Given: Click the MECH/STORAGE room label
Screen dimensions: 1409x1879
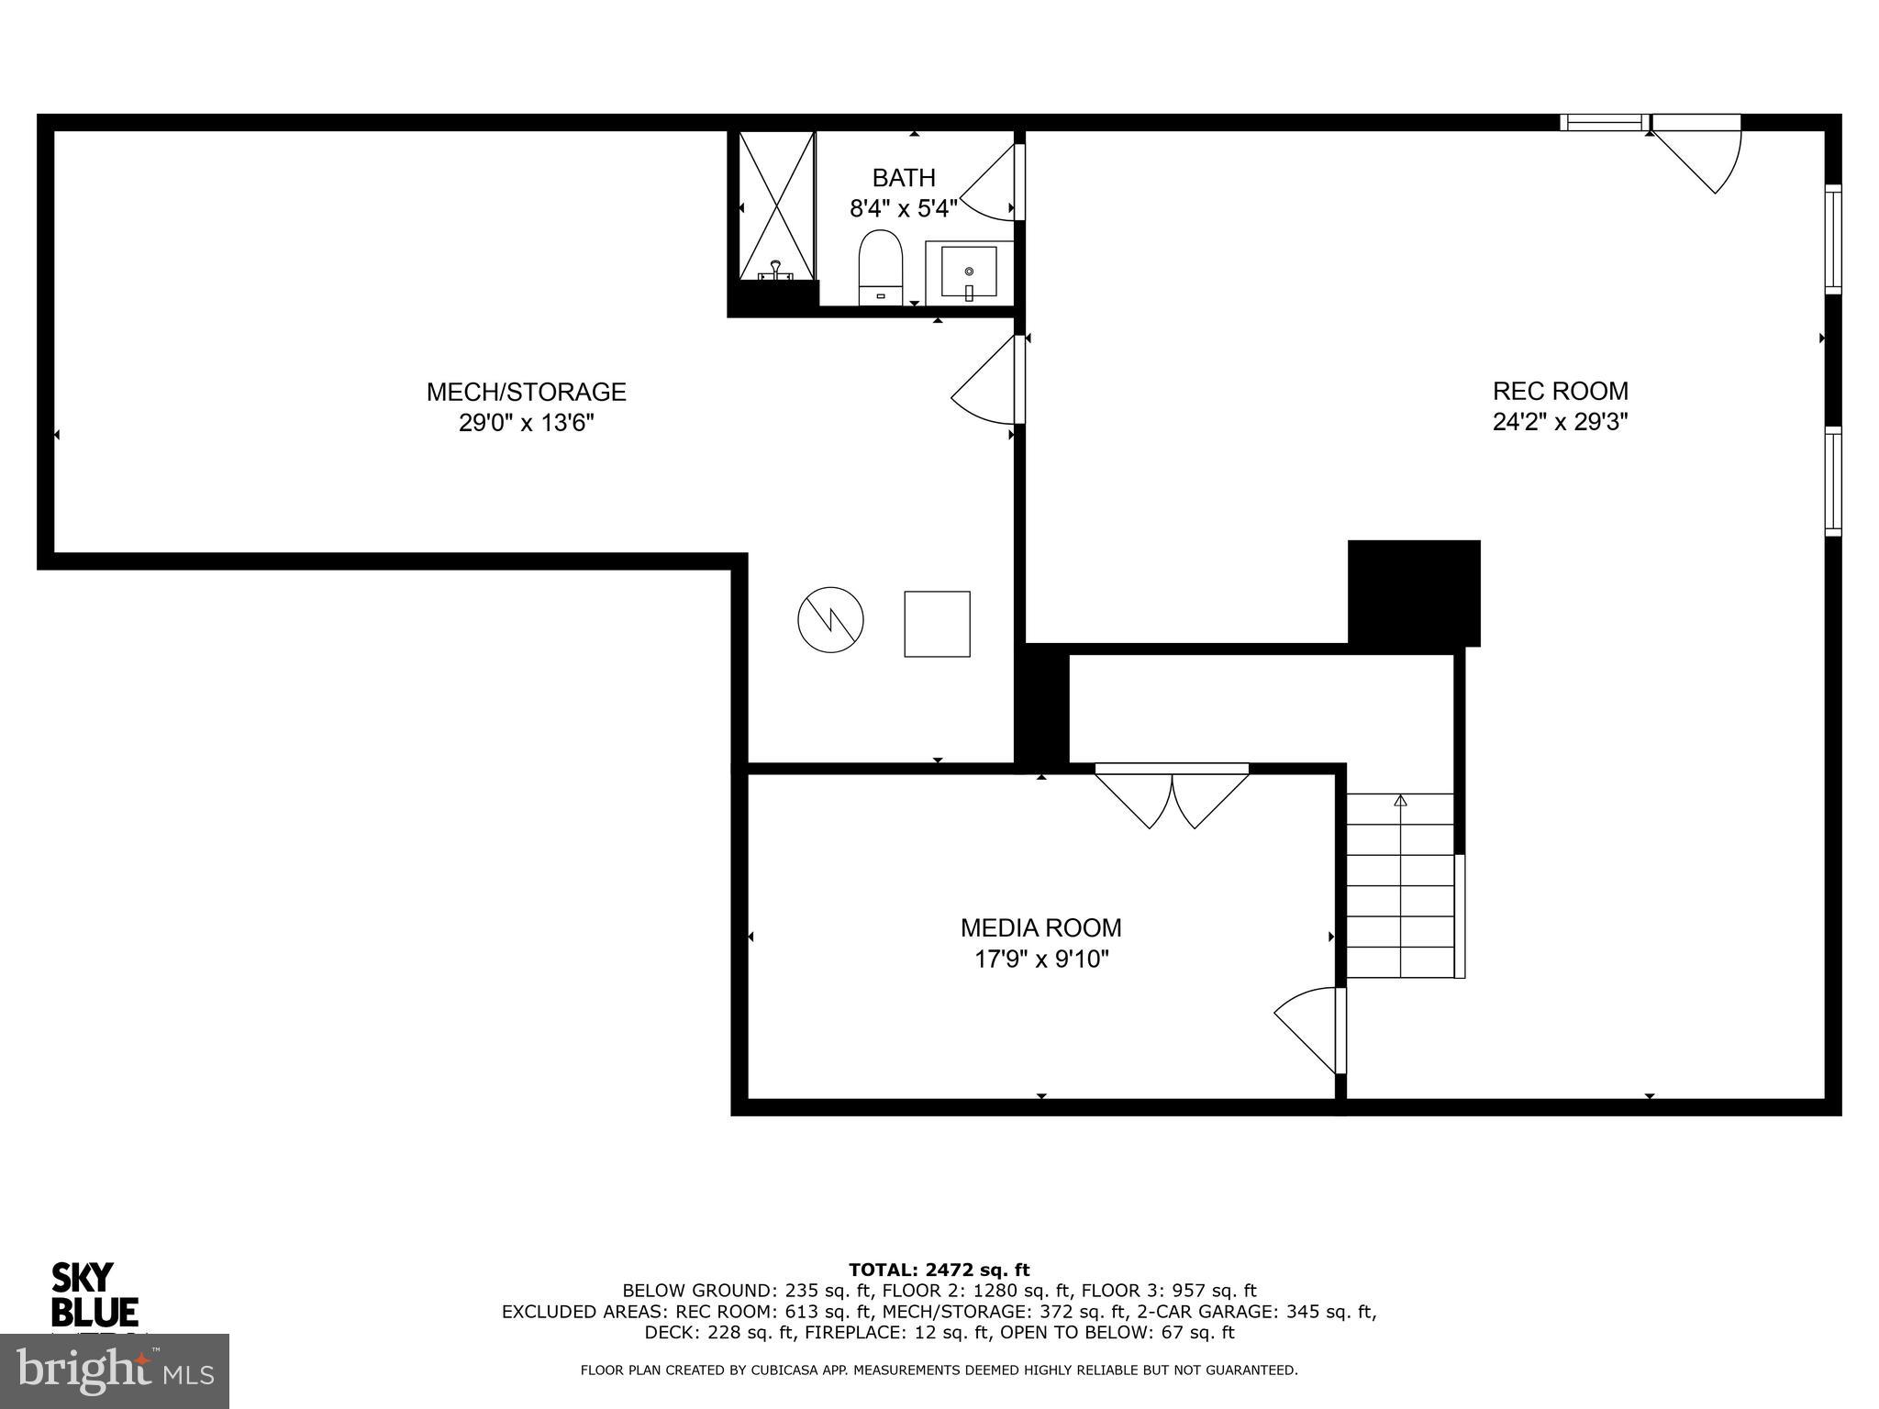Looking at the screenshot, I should tap(526, 392).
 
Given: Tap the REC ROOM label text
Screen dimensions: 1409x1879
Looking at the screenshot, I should tap(1560, 391).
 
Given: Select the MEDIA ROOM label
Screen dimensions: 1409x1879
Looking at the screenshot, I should tap(1040, 927).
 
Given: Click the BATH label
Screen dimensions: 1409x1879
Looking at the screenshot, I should tap(904, 177).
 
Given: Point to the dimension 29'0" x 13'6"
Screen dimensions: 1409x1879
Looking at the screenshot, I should tap(527, 423).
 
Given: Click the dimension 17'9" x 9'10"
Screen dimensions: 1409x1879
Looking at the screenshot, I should tap(1041, 960).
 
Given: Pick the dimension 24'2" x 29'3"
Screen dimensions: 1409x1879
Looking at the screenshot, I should tap(1560, 422).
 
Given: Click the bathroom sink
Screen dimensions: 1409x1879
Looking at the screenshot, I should tap(969, 272).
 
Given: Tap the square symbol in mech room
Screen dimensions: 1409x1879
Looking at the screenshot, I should tap(937, 624).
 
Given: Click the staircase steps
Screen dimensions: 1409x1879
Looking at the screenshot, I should tap(1399, 885).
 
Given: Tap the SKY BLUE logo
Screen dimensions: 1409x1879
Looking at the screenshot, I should tap(94, 1295).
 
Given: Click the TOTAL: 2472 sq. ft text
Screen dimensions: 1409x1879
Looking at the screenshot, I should tap(939, 1270).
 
